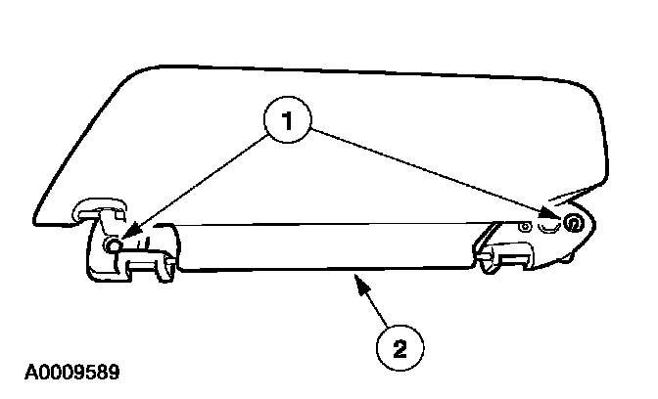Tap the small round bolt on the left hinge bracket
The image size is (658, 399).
(x=116, y=245)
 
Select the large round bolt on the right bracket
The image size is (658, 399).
(x=573, y=225)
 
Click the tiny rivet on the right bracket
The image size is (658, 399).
(x=527, y=227)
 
